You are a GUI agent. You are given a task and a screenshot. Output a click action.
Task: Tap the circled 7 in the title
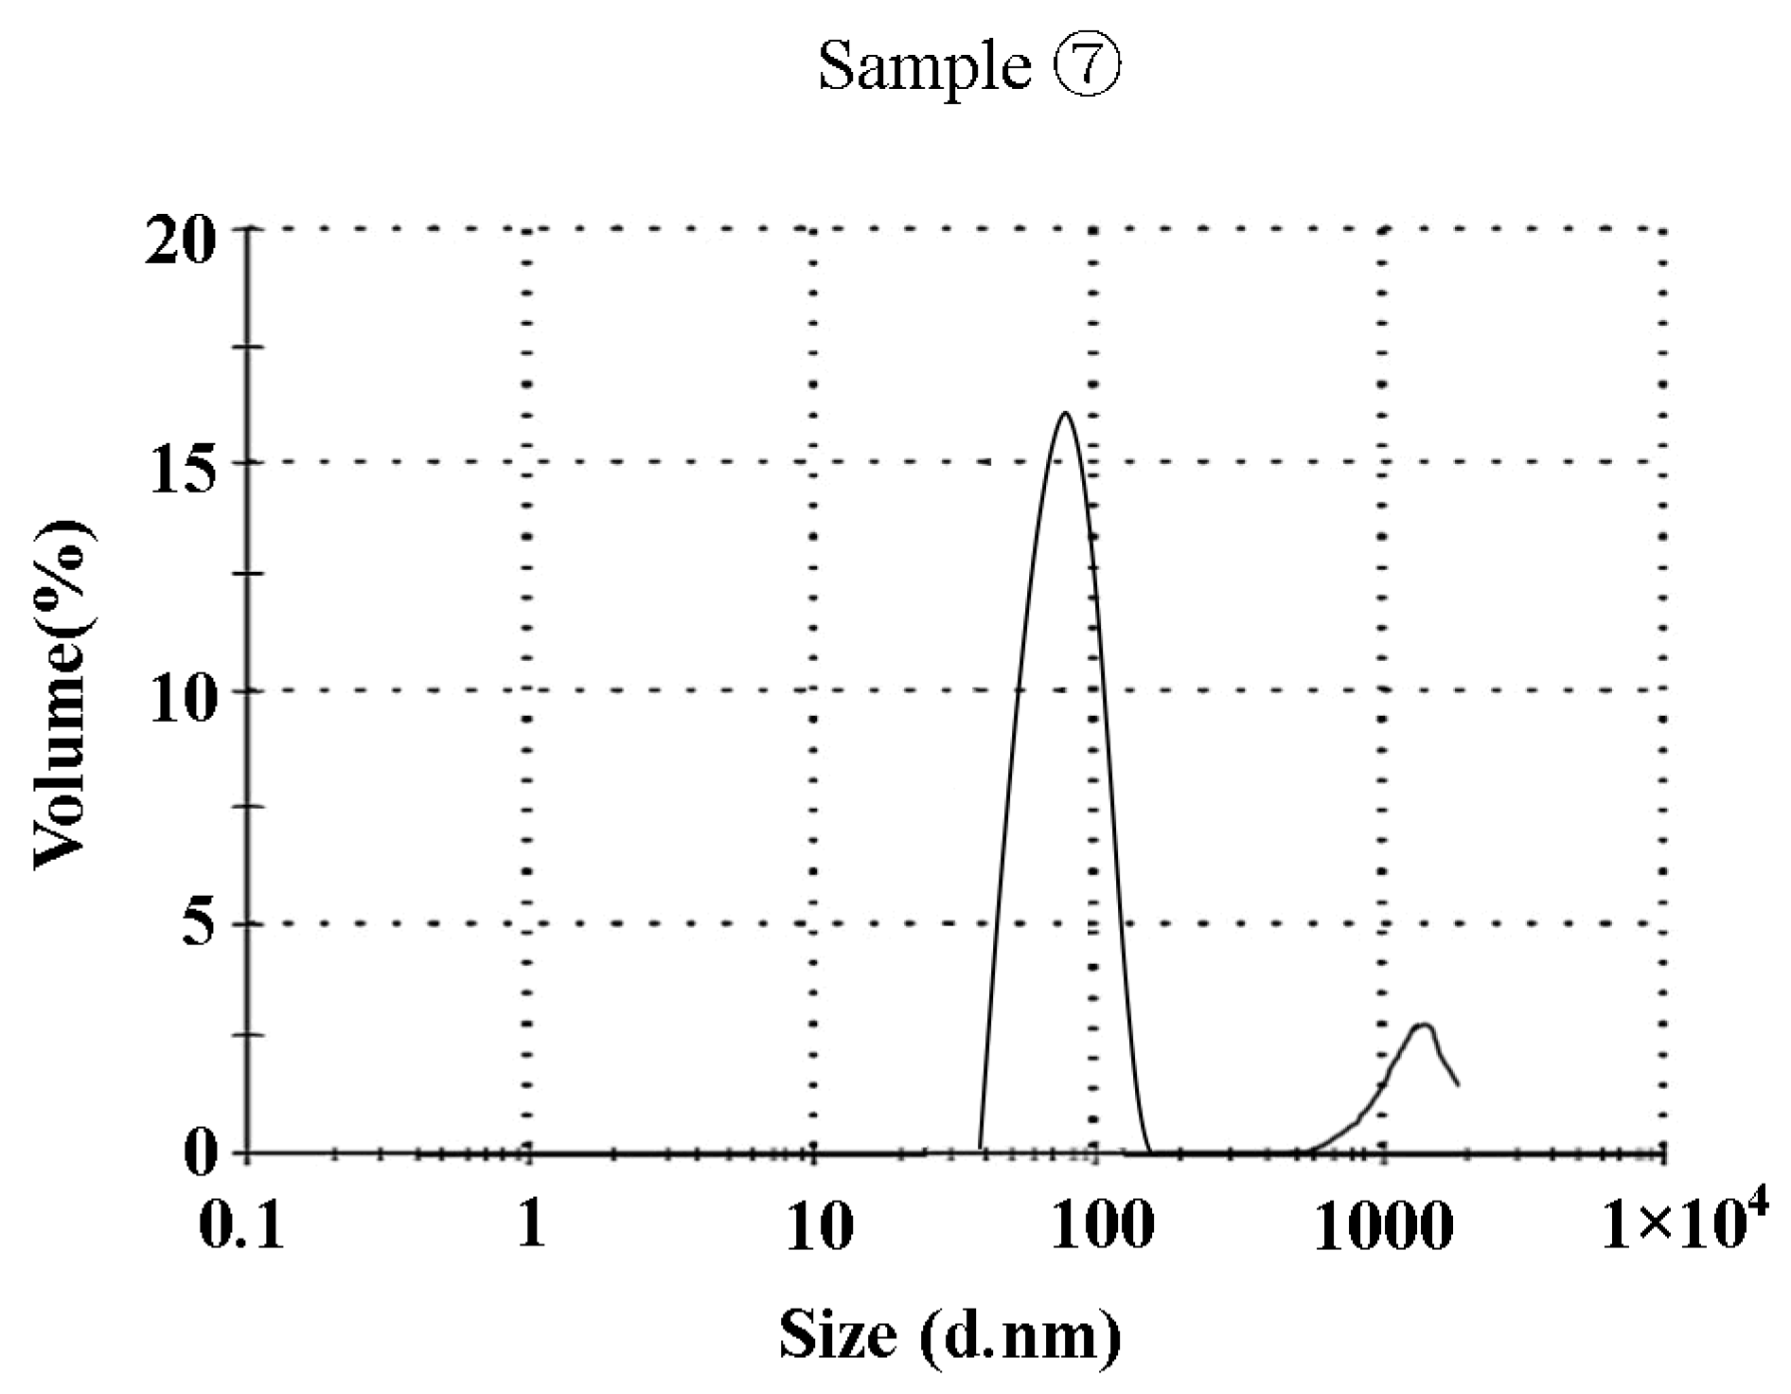[x=1089, y=66]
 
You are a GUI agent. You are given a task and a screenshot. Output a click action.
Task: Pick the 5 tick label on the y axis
[x=199, y=924]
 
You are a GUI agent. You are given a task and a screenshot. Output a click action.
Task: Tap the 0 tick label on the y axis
[x=200, y=1154]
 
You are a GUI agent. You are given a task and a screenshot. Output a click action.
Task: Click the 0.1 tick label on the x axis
[x=241, y=1226]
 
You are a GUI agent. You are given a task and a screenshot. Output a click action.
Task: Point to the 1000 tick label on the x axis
[x=1382, y=1226]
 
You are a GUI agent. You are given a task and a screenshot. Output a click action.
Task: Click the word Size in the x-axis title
[x=837, y=1335]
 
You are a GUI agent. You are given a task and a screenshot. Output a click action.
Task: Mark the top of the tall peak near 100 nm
[x=1065, y=413]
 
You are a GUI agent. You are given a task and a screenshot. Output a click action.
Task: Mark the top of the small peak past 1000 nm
[x=1422, y=1026]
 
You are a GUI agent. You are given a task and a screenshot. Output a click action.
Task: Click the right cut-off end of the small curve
[x=1458, y=1085]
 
